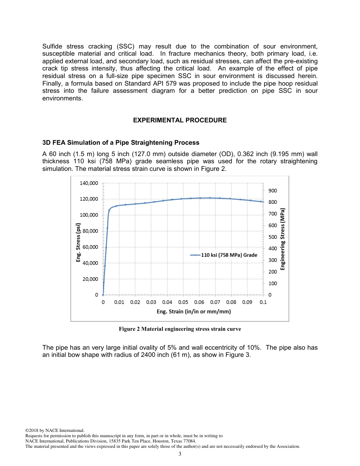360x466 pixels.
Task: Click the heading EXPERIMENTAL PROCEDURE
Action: coord(180,120)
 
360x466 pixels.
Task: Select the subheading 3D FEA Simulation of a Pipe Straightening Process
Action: coord(121,143)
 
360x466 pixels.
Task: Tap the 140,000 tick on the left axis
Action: coord(89,183)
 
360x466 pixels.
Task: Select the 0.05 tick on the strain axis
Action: coord(183,302)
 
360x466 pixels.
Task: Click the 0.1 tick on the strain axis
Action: coord(263,302)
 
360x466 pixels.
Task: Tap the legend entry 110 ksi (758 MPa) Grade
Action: coord(229,255)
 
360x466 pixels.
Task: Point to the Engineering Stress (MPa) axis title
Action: coord(282,239)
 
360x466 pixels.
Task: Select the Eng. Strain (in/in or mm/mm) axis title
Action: coord(194,311)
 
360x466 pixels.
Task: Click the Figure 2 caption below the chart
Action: coord(180,329)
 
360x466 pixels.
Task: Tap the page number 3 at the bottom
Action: coord(180,454)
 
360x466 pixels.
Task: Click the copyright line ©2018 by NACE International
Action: coord(55,430)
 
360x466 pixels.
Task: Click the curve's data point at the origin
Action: coord(103,295)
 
